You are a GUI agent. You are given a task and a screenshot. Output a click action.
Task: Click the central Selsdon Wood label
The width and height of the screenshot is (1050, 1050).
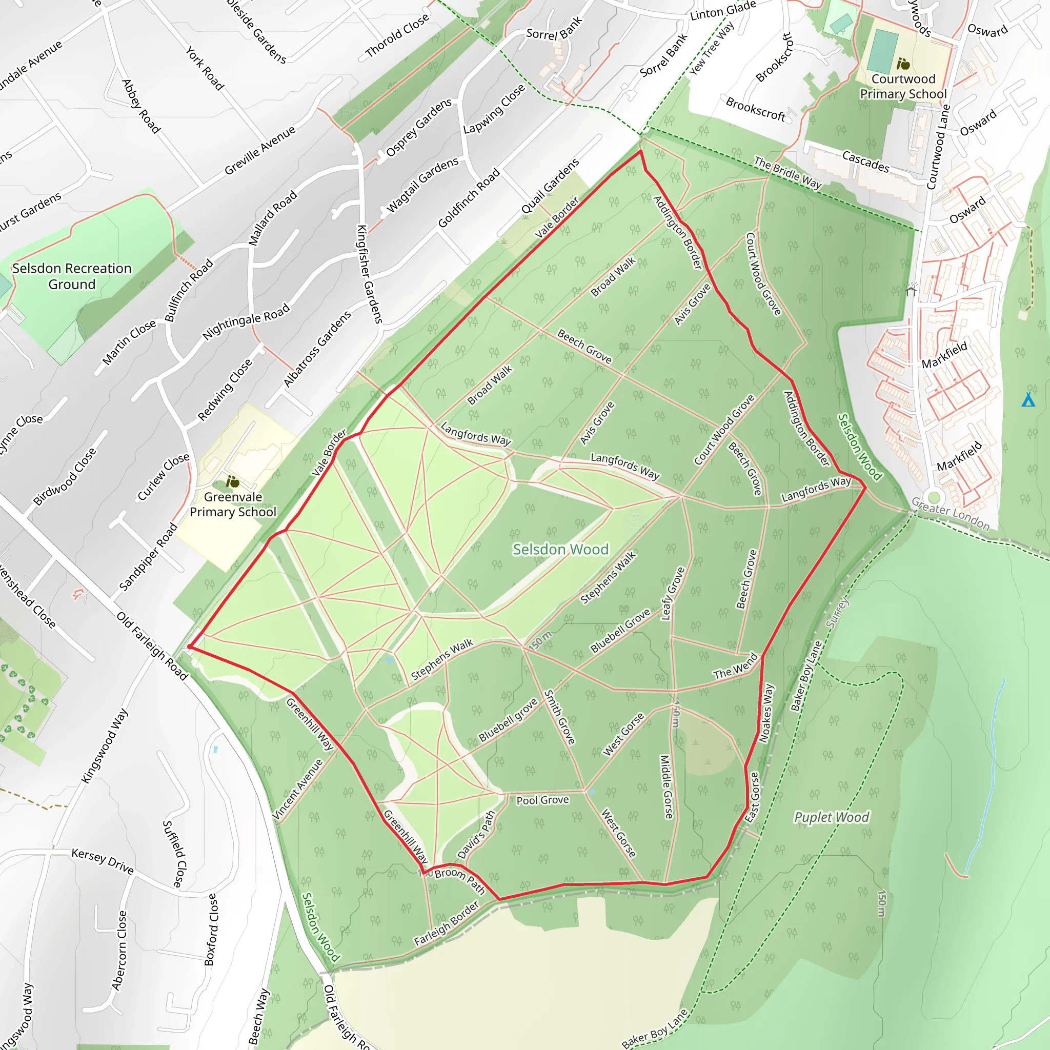(x=560, y=550)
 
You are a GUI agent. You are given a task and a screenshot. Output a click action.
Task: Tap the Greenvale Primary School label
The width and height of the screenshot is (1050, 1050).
(x=233, y=504)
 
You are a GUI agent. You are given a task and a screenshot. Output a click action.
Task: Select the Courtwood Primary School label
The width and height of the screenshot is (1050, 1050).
(x=903, y=87)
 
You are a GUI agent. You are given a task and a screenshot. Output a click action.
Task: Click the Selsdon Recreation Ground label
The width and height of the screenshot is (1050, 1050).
(x=72, y=276)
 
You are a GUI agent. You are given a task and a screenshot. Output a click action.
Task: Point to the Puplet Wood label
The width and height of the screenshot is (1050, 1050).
(x=832, y=817)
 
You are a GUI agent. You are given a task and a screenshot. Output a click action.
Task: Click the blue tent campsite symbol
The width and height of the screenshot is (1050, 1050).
(x=1028, y=400)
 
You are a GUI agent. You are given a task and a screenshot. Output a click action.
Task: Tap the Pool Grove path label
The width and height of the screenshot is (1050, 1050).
(x=542, y=800)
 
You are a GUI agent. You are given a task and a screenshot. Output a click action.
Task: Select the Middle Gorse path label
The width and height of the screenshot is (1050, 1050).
(x=666, y=786)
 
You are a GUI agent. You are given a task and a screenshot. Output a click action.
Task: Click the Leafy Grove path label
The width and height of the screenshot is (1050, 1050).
(x=672, y=594)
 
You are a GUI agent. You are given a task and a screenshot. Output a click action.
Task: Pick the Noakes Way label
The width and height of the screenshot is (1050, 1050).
(x=767, y=713)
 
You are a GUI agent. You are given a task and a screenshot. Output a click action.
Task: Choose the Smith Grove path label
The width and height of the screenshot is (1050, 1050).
(x=560, y=717)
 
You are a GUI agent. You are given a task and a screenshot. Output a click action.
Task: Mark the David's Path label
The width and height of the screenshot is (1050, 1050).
(x=476, y=834)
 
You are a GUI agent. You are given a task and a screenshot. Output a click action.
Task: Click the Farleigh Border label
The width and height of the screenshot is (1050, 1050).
(x=446, y=923)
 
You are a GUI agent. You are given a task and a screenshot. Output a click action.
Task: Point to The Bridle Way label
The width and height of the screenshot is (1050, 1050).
(x=787, y=172)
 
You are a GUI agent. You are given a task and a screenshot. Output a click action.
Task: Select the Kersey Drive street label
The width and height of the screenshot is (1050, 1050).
(x=103, y=861)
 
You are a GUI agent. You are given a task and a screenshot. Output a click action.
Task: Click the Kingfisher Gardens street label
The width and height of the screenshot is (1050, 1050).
(x=370, y=274)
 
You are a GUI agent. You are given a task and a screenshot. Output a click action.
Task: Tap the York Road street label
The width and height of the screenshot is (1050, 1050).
(x=205, y=68)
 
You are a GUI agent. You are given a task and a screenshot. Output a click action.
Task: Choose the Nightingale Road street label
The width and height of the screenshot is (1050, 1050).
(x=246, y=322)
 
